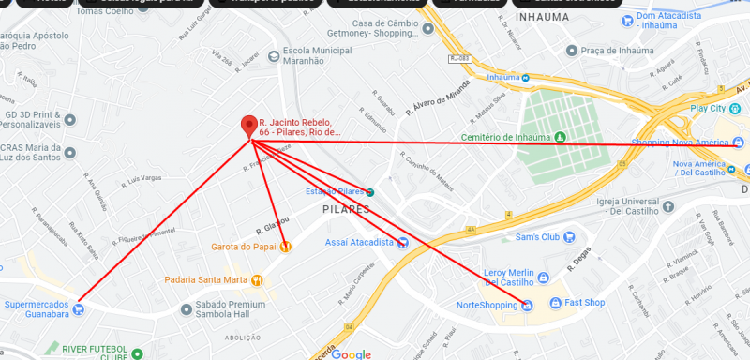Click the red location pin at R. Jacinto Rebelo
coord(249,126)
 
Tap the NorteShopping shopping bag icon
coord(528,305)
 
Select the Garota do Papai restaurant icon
coord(285,247)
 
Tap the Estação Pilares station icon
coord(371,191)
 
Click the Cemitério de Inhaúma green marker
coord(561,137)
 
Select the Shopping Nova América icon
coord(739,142)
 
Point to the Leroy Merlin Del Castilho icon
coord(543,277)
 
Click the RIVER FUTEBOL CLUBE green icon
coord(137,353)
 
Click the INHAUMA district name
coord(542,17)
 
